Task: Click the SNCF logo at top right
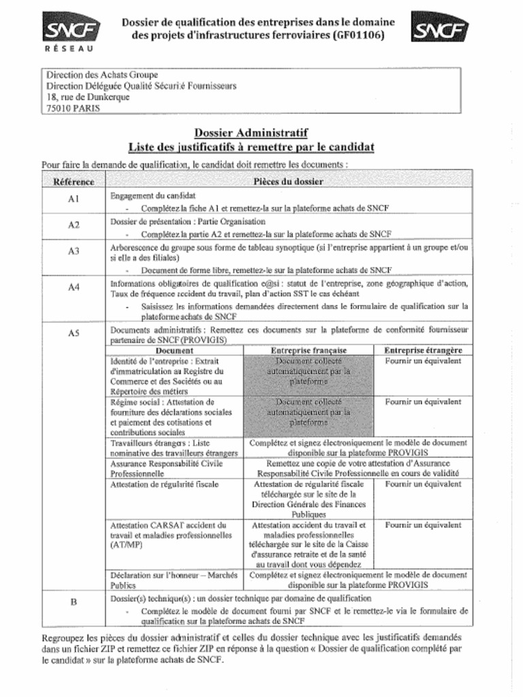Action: (440, 29)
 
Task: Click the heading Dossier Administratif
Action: (251, 133)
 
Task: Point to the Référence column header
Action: (74, 182)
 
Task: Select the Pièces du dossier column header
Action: (288, 182)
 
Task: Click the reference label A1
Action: (74, 199)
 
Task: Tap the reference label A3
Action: (74, 251)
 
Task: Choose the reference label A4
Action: (74, 287)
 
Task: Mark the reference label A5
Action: (74, 333)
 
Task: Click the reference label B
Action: (74, 602)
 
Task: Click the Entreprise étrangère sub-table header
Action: (422, 350)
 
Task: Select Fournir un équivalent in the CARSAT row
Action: (422, 525)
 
